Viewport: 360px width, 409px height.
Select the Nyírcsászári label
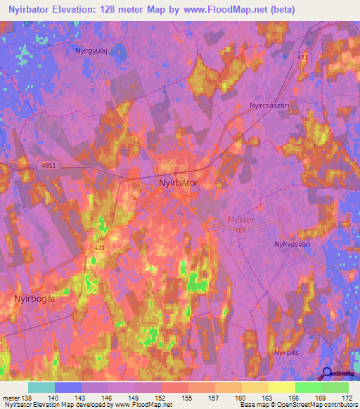pyautogui.click(x=269, y=105)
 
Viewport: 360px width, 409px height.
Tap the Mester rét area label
pyautogui.click(x=241, y=224)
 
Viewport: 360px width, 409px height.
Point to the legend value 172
pyautogui.click(x=347, y=397)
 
